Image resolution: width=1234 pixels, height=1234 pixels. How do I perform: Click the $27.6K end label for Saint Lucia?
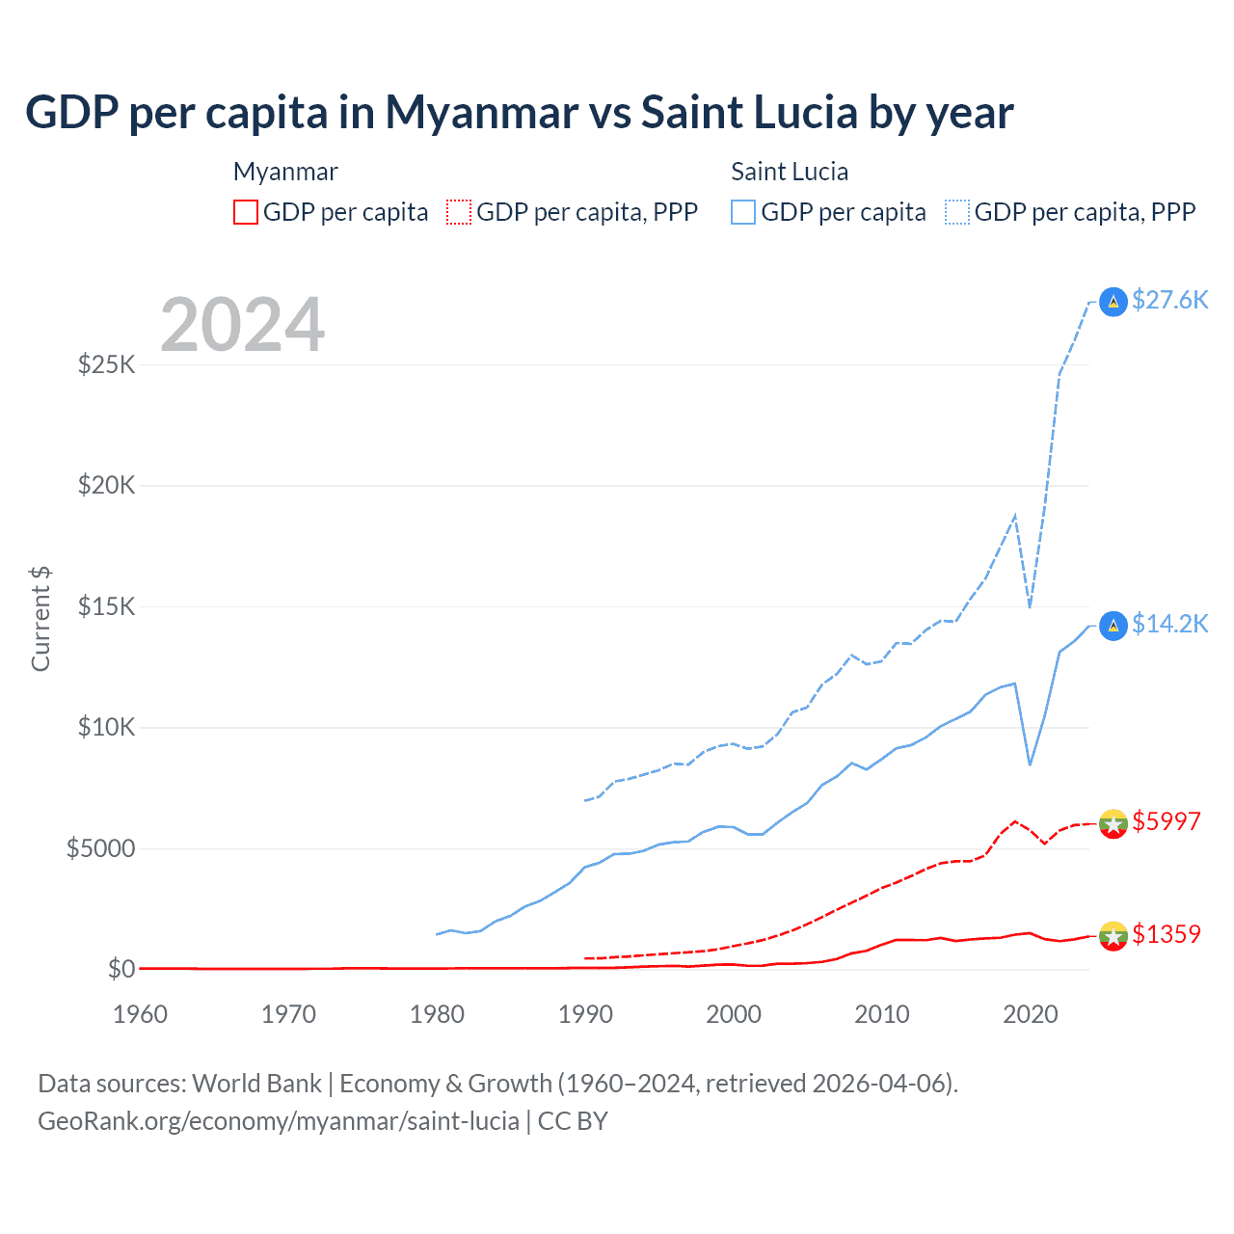tap(1169, 300)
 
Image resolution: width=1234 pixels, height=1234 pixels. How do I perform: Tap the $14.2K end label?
tap(1169, 624)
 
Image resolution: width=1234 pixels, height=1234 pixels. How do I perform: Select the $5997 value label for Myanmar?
tap(1166, 821)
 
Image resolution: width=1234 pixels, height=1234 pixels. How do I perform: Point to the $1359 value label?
tap(1166, 934)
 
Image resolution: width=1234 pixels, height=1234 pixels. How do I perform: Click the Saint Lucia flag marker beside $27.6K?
tap(1113, 302)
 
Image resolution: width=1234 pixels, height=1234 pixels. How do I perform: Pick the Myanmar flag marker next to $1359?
tap(1113, 935)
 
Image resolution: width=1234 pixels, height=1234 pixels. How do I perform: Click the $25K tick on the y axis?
tap(107, 364)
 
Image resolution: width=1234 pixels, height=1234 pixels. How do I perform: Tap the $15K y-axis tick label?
tap(107, 606)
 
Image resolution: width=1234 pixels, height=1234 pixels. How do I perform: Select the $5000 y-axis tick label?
tap(101, 848)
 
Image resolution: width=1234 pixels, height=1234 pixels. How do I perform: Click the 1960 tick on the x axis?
tap(141, 1014)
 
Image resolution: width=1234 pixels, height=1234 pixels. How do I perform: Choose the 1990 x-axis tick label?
tap(585, 1014)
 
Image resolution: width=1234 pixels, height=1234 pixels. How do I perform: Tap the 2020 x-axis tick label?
tap(1031, 1014)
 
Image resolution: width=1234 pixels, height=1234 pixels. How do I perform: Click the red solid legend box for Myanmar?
tap(246, 212)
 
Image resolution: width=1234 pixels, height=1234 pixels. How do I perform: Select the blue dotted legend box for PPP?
tap(957, 212)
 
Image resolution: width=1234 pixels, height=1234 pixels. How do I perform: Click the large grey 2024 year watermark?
tap(243, 325)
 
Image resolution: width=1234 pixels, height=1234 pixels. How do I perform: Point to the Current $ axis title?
tap(40, 619)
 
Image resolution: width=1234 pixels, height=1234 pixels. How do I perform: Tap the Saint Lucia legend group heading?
tap(790, 172)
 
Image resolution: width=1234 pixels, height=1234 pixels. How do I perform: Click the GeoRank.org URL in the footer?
tap(279, 1121)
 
